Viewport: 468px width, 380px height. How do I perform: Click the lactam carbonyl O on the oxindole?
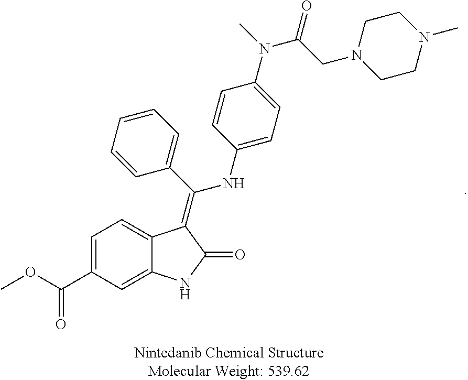point(241,255)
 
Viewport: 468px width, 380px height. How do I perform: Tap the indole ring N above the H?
point(184,284)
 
